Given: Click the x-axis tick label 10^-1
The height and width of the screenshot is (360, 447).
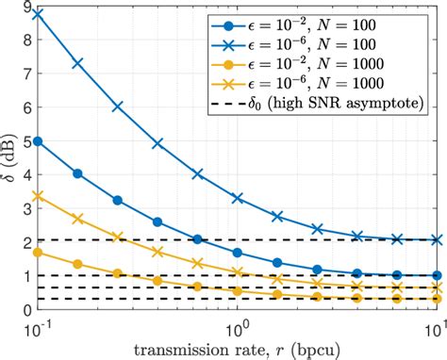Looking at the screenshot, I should click(38, 326).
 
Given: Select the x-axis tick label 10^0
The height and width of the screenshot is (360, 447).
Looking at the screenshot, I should click(238, 326).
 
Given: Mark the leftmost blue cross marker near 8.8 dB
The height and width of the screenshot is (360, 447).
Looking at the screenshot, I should click(38, 14).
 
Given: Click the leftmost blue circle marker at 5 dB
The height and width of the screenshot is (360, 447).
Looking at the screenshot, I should click(38, 141).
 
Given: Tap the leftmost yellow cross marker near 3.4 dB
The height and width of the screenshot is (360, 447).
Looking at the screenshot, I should click(38, 196).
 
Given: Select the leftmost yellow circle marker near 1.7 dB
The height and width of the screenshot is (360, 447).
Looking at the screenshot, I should click(38, 253).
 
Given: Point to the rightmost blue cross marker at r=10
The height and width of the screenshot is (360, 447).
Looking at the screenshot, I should click(436, 240).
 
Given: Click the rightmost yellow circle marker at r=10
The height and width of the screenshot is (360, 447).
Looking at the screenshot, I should click(436, 299).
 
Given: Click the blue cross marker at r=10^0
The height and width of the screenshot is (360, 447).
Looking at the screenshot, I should click(238, 198).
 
